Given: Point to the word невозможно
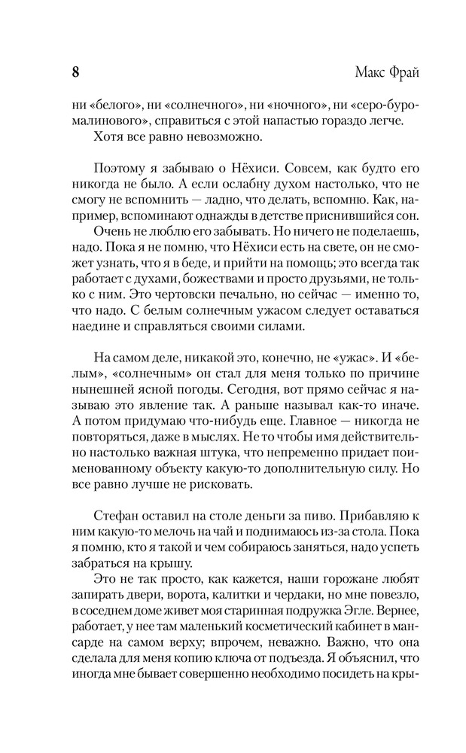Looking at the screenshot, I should [234, 136].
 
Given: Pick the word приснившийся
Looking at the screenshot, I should [313, 218].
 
